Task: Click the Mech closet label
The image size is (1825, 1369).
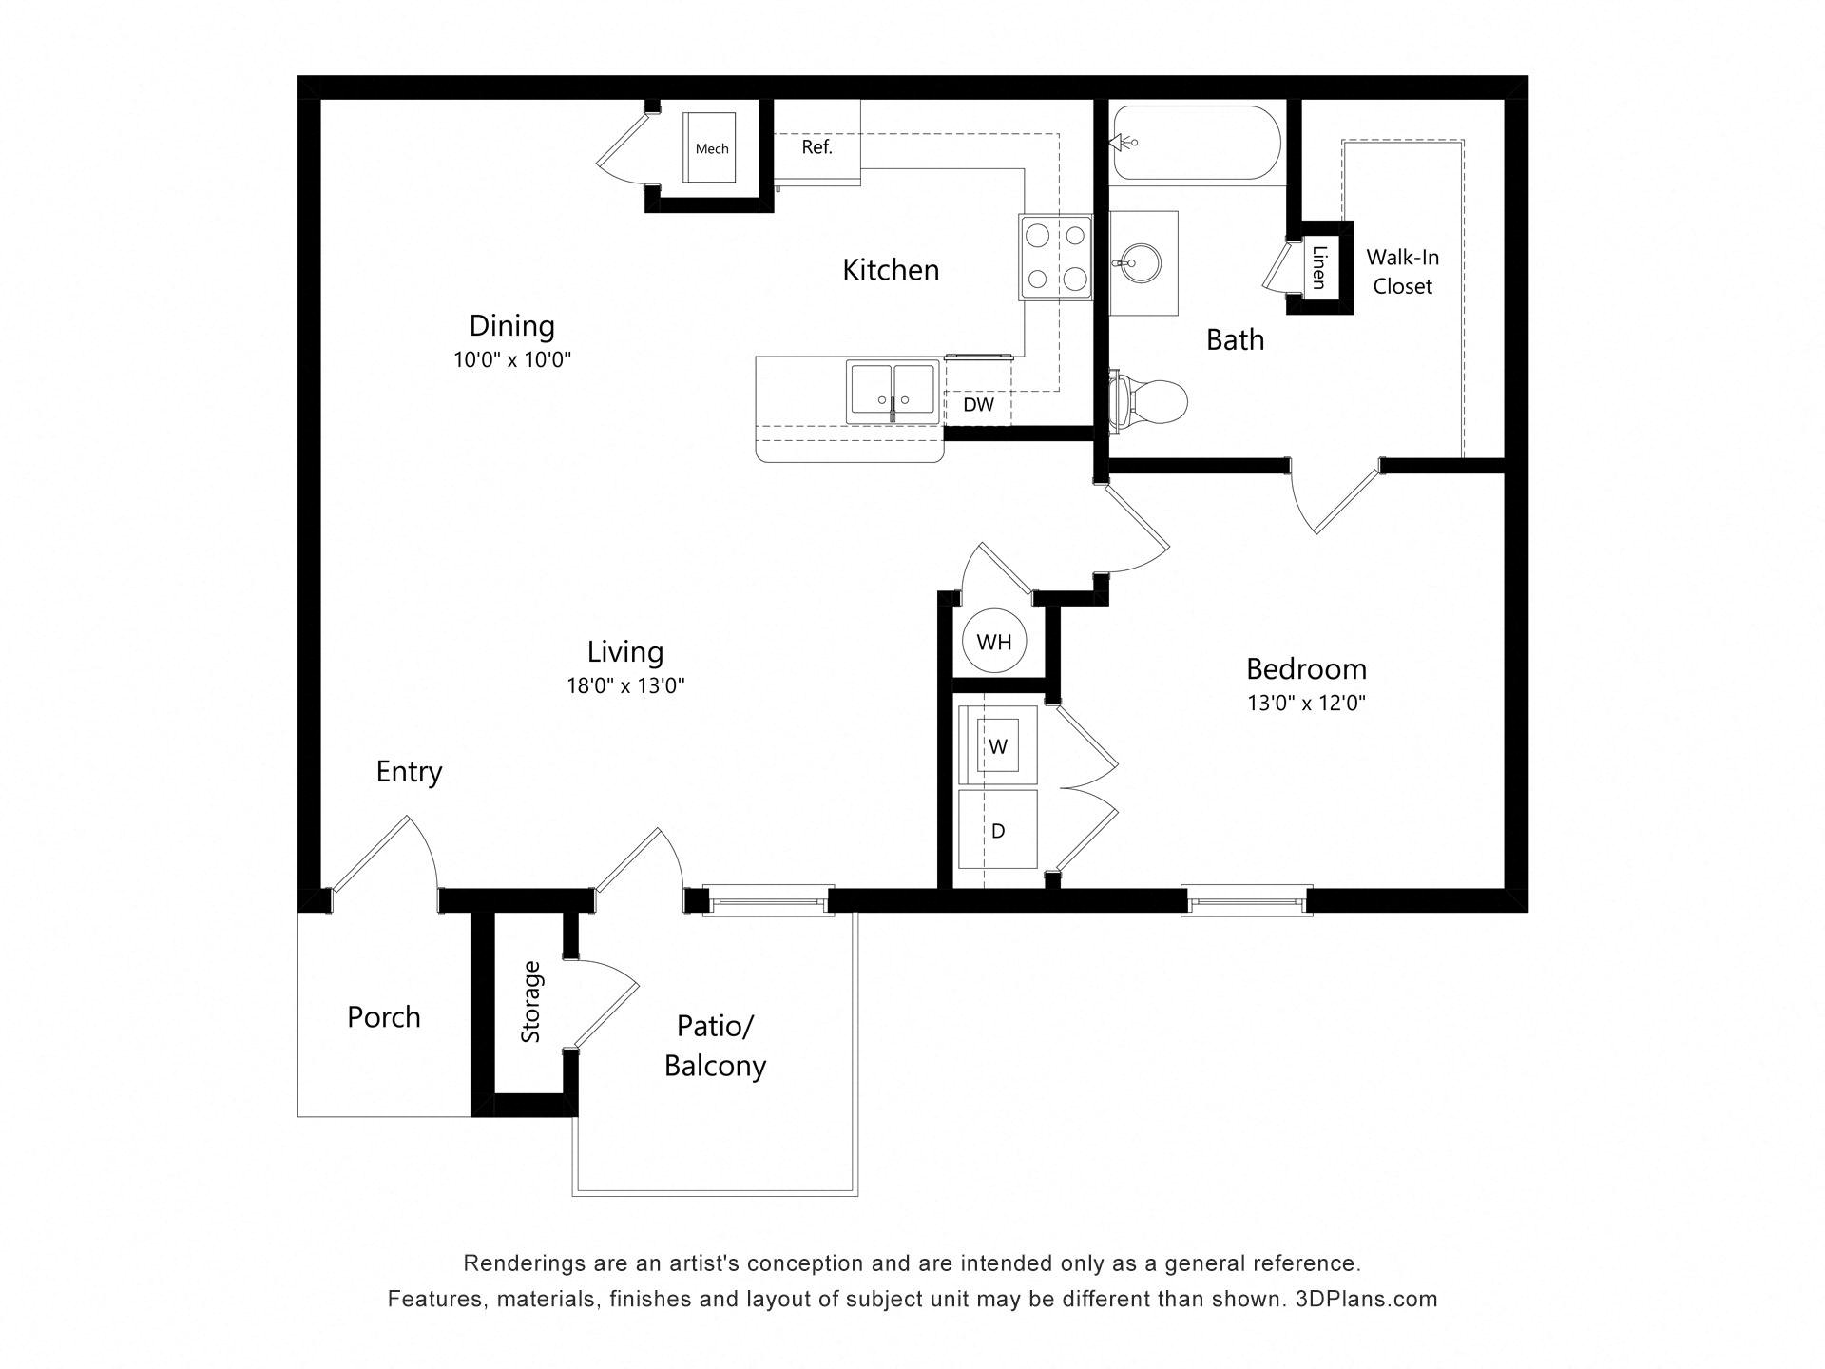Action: click(x=712, y=148)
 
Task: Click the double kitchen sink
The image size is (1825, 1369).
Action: click(x=892, y=391)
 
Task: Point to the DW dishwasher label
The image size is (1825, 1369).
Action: click(x=978, y=405)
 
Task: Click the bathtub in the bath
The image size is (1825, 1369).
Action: click(x=1197, y=143)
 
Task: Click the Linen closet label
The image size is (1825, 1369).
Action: click(x=1318, y=267)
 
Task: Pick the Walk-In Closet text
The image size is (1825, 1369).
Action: click(x=1402, y=272)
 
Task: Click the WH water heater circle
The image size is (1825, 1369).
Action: click(x=994, y=642)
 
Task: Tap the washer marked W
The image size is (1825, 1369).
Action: click(x=997, y=745)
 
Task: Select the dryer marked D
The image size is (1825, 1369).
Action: click(x=997, y=830)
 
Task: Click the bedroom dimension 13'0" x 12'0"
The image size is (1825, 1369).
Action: click(x=1306, y=704)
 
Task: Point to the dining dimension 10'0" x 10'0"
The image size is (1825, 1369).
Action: click(x=511, y=359)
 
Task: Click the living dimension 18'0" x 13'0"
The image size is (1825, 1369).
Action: click(x=625, y=685)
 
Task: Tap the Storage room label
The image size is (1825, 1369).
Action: click(x=530, y=1002)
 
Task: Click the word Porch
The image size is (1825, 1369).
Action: click(x=383, y=1017)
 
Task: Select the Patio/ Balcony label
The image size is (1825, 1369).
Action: click(x=715, y=1046)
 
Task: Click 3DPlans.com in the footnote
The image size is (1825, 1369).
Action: click(x=1366, y=1299)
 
